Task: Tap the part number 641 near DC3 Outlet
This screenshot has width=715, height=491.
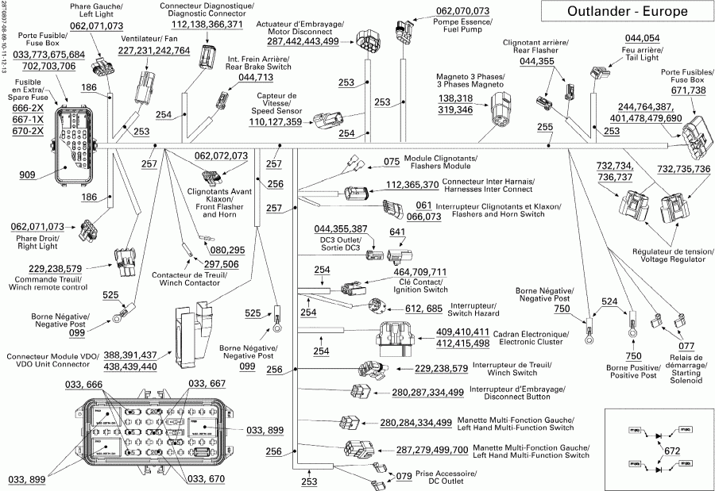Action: [x=397, y=232]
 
